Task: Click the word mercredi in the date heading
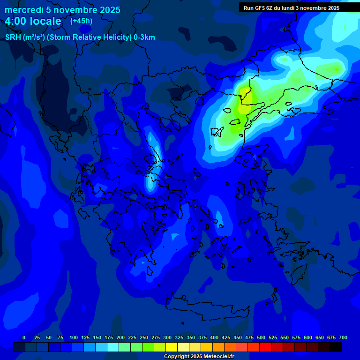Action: (x=24, y=10)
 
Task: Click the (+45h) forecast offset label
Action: (x=81, y=21)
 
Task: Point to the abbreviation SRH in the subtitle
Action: (x=13, y=37)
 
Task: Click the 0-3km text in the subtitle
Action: (x=144, y=37)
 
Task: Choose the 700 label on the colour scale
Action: (x=343, y=337)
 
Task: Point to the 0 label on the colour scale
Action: (x=24, y=337)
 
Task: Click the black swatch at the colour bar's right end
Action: (x=336, y=347)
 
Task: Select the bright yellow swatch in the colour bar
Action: (x=172, y=347)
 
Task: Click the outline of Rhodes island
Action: (x=297, y=271)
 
